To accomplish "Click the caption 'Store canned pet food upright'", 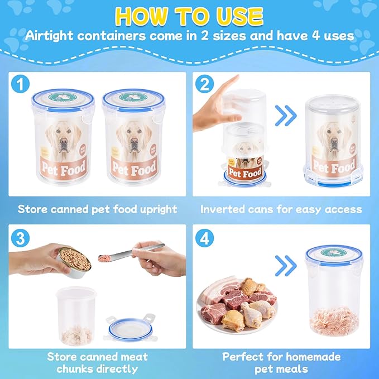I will (97, 209).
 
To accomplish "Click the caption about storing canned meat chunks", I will (97, 362).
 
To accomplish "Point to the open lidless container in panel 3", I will (76, 315).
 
